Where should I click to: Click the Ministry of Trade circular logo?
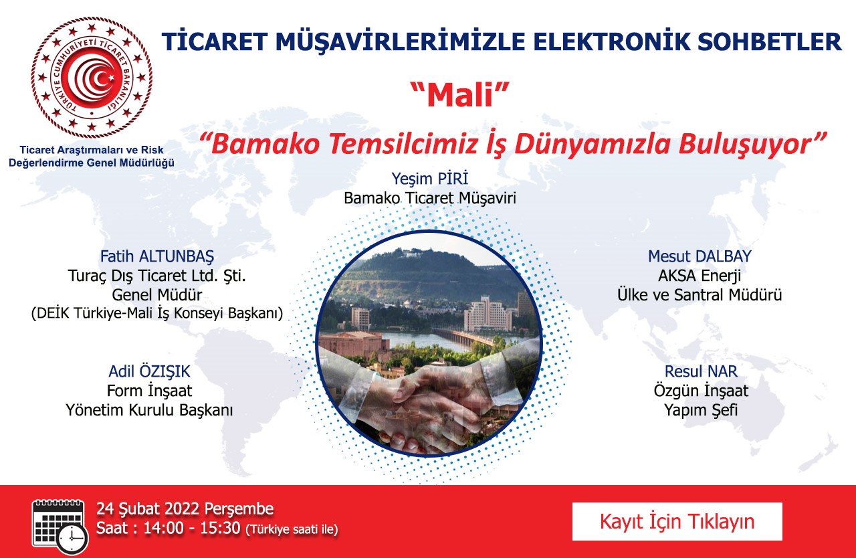click(92, 78)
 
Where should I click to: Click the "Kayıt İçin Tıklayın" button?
click(677, 521)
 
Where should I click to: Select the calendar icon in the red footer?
click(60, 527)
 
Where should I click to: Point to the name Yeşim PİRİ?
click(429, 179)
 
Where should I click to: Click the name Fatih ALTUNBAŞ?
click(157, 256)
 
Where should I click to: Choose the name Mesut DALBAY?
click(700, 256)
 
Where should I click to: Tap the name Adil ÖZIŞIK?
click(149, 371)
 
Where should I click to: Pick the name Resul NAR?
click(701, 371)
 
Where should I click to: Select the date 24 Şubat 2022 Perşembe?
click(185, 508)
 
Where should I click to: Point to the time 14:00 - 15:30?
click(192, 528)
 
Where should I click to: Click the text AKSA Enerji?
click(700, 276)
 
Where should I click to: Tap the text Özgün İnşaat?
click(701, 391)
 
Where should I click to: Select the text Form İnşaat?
click(149, 391)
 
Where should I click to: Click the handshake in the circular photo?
click(432, 401)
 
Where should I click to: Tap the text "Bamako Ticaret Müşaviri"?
click(430, 198)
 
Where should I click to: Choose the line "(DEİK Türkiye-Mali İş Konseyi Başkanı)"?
click(157, 313)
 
